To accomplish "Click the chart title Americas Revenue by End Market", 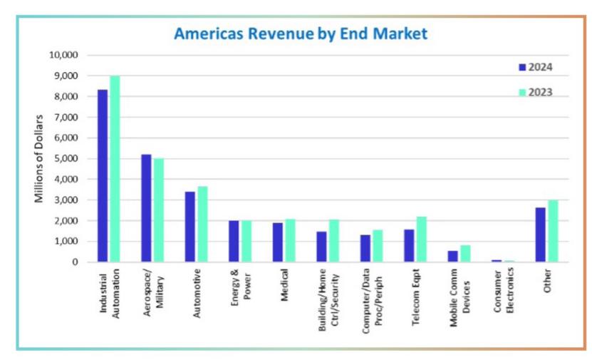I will coord(301,34).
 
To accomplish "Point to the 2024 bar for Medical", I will coord(278,242).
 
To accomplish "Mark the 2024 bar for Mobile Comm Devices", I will coord(452,256).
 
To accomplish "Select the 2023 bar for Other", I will coord(553,231).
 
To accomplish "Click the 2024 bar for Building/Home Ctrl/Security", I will coord(322,247).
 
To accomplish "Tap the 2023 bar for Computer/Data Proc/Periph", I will coord(378,246).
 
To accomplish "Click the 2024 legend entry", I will coord(535,68).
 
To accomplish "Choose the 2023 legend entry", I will coord(535,92).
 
